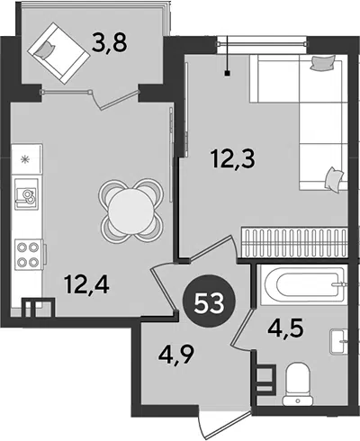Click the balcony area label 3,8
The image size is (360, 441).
click(x=110, y=42)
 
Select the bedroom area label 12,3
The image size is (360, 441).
click(x=233, y=158)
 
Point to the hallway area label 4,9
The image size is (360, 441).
click(x=176, y=355)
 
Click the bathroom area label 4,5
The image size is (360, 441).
click(x=285, y=328)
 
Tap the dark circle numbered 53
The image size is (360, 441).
click(x=209, y=303)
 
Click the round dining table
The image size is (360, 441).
click(x=131, y=211)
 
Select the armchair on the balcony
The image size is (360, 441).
click(x=58, y=53)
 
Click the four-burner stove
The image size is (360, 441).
click(x=29, y=255)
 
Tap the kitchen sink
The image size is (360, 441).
click(x=27, y=194)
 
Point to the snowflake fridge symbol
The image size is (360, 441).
click(x=25, y=159)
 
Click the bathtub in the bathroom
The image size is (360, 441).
click(x=304, y=284)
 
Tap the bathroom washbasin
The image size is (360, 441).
click(x=339, y=342)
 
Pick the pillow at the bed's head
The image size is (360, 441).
click(x=322, y=63)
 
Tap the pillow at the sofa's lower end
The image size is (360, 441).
click(x=334, y=178)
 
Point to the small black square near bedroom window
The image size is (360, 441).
click(x=228, y=73)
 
